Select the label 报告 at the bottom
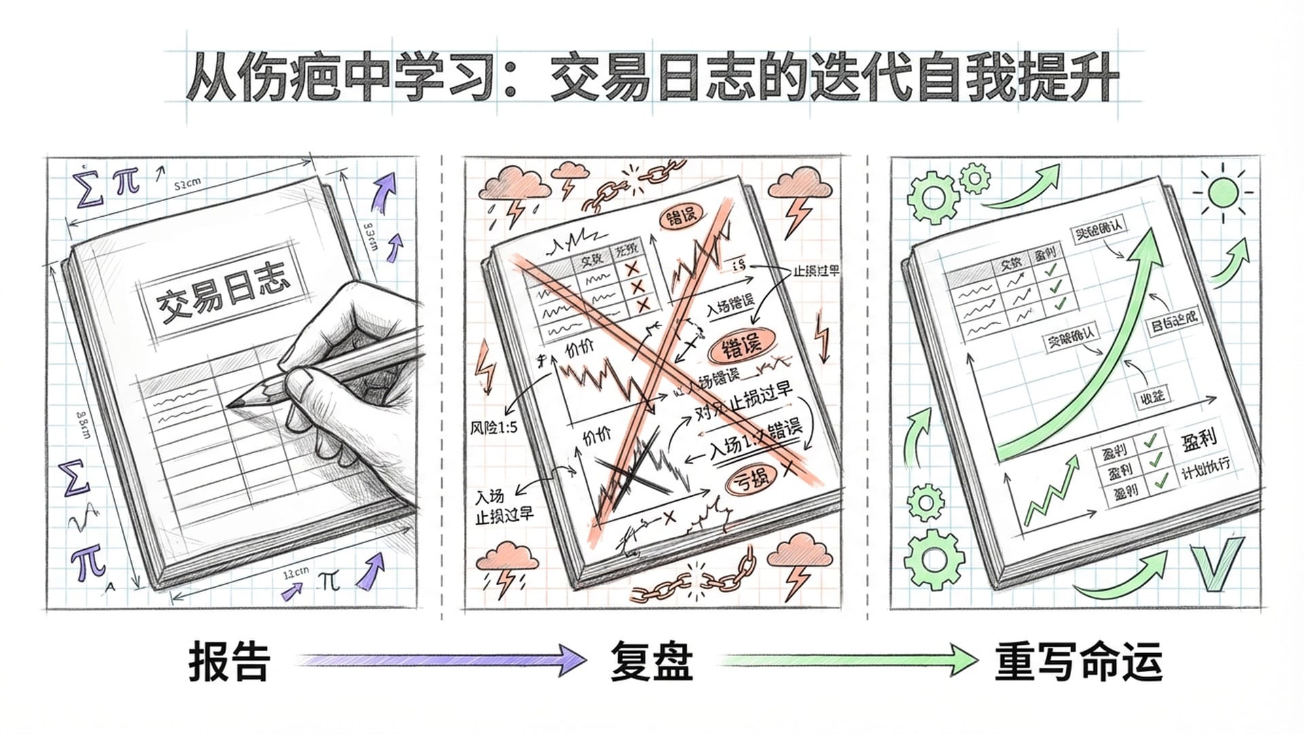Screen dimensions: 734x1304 click(229, 661)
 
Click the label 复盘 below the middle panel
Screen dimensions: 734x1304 click(651, 661)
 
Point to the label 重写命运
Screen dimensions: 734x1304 click(1079, 661)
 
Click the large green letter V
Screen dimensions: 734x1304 click(1220, 563)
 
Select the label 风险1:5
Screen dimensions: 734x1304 click(494, 427)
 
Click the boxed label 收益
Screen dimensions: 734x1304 click(1152, 396)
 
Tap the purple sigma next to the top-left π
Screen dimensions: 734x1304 click(90, 185)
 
